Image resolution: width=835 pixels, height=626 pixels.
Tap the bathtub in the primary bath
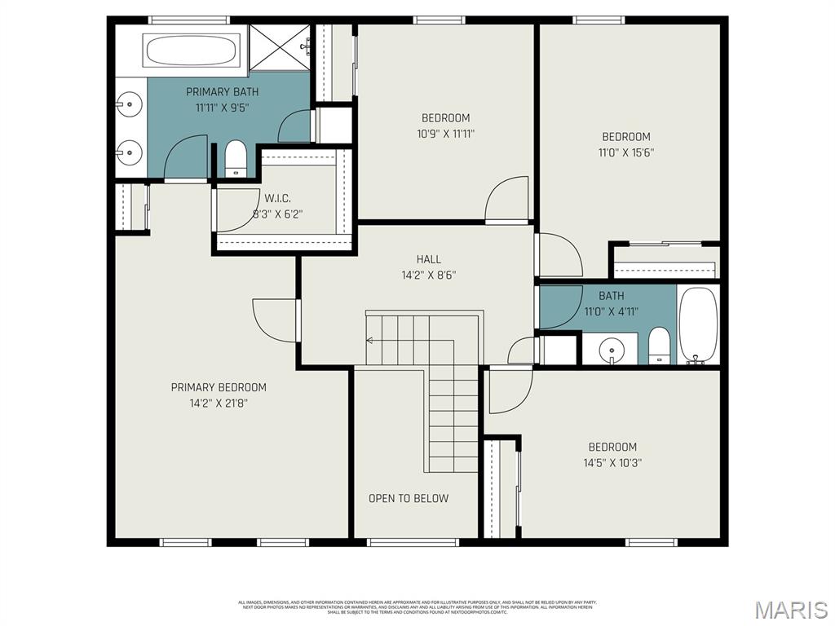point(192,51)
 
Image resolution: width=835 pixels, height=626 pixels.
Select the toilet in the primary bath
point(235,157)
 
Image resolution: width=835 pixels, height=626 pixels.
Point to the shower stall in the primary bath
point(279,49)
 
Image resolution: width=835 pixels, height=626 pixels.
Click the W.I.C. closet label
point(277,198)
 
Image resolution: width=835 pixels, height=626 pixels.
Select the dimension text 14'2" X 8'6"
point(428,276)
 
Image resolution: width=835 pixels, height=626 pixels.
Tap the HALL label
point(428,259)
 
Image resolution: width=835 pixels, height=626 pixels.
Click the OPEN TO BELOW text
point(408,498)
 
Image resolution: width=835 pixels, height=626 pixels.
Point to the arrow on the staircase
point(370,340)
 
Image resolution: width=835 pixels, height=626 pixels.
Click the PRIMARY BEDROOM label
point(219,387)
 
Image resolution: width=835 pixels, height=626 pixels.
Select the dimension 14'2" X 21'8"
point(219,403)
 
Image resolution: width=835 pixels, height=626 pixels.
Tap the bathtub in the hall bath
point(697,324)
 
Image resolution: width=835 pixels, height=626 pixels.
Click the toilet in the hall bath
point(659,346)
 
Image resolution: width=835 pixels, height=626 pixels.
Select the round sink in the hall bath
point(612,350)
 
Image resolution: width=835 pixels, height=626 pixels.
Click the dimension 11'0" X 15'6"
point(626,152)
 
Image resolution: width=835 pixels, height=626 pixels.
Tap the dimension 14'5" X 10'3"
point(612,462)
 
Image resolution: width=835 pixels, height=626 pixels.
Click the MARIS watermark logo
point(790,609)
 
